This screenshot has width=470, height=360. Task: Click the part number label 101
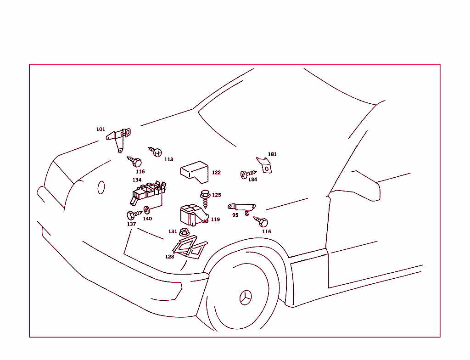(x=101, y=129)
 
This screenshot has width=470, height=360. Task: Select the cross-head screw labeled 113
(x=156, y=152)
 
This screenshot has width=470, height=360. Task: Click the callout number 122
(x=216, y=173)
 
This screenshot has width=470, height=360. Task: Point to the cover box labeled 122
(x=194, y=172)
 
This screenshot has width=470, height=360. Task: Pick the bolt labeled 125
(x=205, y=198)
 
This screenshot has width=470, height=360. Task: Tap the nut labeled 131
(x=184, y=232)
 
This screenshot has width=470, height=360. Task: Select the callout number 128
(x=169, y=257)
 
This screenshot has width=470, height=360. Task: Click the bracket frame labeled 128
(x=190, y=247)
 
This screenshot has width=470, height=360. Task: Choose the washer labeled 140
(x=147, y=210)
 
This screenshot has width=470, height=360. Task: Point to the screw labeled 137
(x=134, y=215)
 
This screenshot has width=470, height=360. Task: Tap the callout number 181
(x=272, y=154)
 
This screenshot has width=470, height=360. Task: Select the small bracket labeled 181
(x=264, y=165)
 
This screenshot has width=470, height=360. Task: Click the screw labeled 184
(x=248, y=174)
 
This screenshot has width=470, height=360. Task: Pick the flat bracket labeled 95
(x=242, y=208)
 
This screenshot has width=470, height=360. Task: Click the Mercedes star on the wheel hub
(x=246, y=298)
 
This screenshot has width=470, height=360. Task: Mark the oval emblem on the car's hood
(x=101, y=187)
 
